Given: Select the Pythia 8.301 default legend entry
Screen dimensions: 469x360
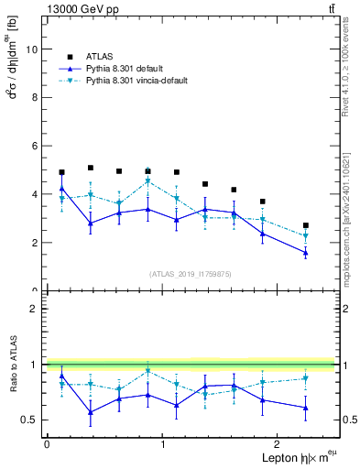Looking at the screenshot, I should point(129,68).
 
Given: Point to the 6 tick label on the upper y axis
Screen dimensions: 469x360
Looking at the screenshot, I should point(34,146).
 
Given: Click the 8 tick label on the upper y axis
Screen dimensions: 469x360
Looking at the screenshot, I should point(34,98).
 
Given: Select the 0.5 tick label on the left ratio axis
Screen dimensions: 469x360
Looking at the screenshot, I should point(28,420).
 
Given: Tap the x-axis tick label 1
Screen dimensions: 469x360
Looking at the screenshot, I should point(163,444).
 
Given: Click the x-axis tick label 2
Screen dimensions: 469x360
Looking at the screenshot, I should point(279,444).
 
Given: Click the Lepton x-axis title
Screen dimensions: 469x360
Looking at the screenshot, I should point(283,457).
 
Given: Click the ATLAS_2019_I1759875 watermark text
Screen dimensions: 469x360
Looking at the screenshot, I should point(191,273).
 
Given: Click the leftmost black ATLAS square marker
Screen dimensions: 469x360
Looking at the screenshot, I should point(61,172).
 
